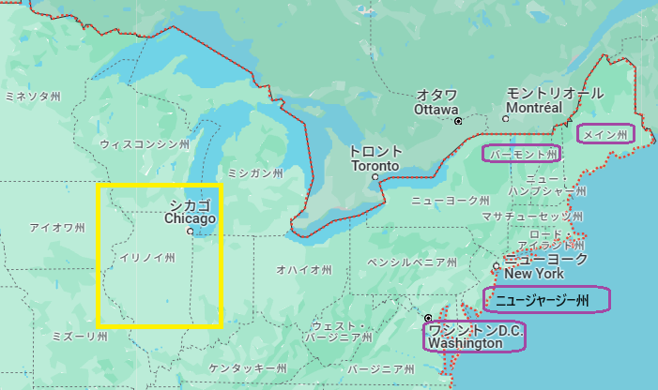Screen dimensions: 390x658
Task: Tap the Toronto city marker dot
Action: coord(375,176)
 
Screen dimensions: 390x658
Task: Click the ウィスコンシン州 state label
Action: coord(145,144)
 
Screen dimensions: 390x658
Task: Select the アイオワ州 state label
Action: coord(57,228)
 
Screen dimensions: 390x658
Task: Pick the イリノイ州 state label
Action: coord(146,257)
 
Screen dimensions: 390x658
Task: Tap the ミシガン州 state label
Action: coord(255,172)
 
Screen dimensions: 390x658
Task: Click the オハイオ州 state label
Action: coord(304,270)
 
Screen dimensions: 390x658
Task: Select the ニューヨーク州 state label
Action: coord(451,201)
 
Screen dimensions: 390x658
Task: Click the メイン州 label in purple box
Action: coord(605,134)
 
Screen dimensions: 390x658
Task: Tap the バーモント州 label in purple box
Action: coord(522,153)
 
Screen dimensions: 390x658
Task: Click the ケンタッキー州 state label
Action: coord(248,367)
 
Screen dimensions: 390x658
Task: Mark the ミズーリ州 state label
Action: coord(80,336)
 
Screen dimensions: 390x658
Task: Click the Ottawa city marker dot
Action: coord(458,122)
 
